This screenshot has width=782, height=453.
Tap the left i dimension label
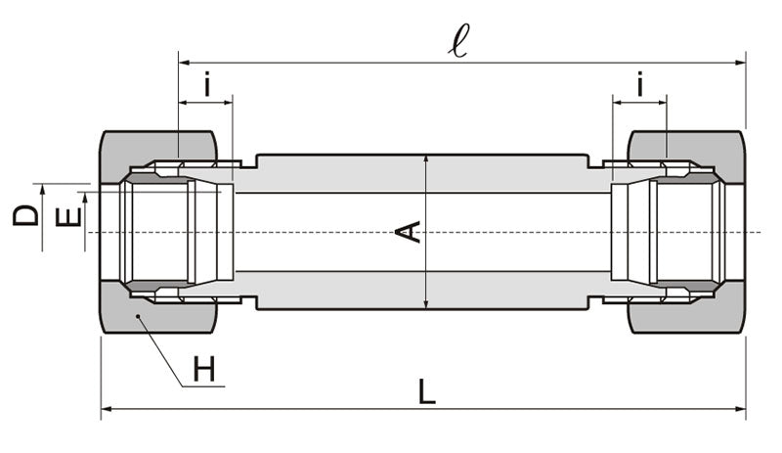[206, 86]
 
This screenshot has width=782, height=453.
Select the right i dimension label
[639, 86]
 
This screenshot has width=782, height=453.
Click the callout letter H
[203, 370]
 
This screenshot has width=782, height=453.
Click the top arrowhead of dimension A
[426, 159]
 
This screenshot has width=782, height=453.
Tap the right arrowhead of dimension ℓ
[740, 63]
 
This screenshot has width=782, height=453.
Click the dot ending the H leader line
[140, 317]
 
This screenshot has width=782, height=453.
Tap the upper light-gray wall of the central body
[420, 173]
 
